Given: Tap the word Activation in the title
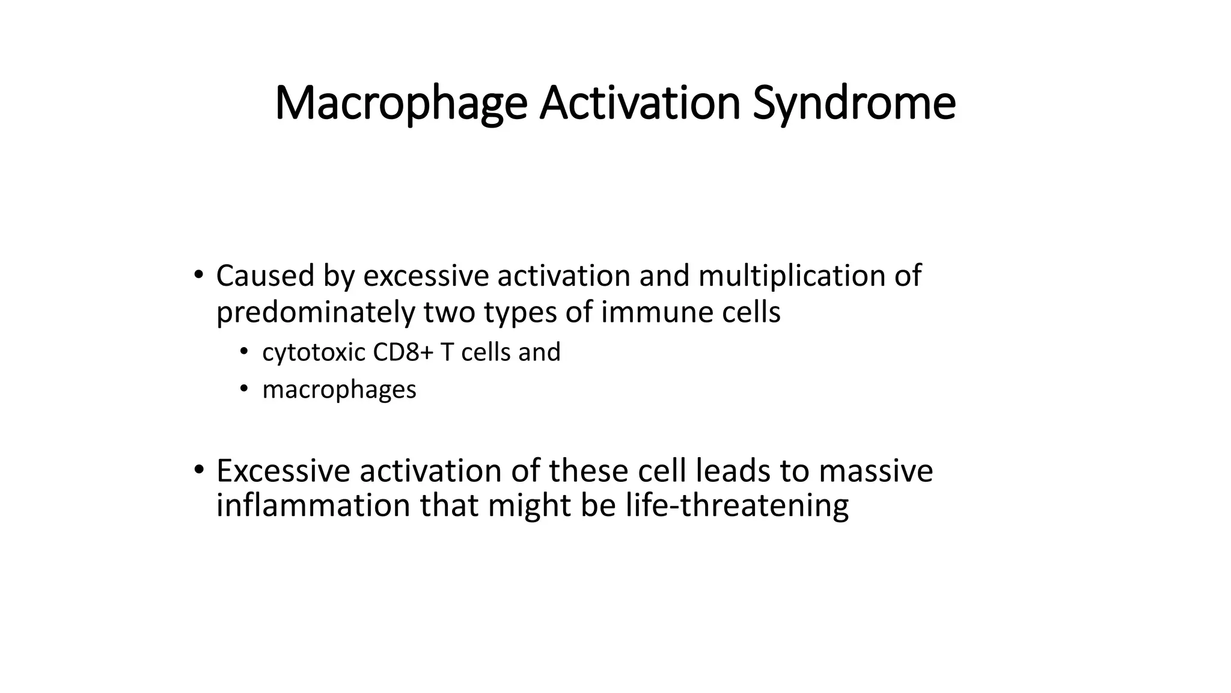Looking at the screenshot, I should (x=640, y=103).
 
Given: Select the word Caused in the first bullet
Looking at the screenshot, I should (x=264, y=277).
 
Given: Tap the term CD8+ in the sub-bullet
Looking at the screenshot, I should (x=403, y=353).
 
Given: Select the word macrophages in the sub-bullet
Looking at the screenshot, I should (x=339, y=390).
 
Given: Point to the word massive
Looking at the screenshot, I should (x=875, y=471).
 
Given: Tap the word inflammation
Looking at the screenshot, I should (x=313, y=505).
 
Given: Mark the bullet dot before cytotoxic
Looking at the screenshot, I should (x=243, y=352).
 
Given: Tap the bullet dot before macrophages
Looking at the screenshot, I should (x=243, y=389).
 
